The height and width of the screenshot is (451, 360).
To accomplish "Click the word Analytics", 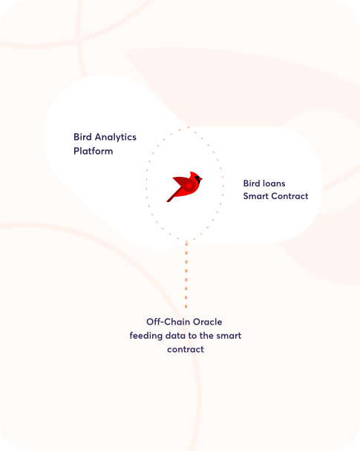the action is click(116, 137).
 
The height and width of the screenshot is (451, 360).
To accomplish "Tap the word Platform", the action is click(94, 151).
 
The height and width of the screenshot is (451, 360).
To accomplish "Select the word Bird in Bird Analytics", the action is click(82, 137).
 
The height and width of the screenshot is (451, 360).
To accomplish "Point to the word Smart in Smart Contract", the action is click(256, 196).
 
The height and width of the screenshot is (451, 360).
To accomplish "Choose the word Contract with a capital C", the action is click(289, 196).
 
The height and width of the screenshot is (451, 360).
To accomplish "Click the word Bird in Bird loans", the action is click(253, 184).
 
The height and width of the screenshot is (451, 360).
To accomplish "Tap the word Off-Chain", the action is click(168, 322).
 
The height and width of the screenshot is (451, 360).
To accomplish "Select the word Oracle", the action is click(207, 322).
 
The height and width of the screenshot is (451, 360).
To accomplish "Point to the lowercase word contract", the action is click(186, 349).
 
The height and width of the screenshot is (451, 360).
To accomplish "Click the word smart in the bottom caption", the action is click(229, 336).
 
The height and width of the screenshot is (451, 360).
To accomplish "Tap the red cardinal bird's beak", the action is click(201, 180).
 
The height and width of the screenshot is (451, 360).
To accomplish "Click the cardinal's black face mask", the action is click(197, 180).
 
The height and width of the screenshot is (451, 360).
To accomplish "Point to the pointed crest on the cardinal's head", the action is click(192, 173).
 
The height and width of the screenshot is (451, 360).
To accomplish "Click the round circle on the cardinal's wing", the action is click(189, 186).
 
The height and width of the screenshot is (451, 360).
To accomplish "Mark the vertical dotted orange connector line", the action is click(186, 275).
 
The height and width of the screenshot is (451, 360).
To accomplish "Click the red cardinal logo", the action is click(184, 186).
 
